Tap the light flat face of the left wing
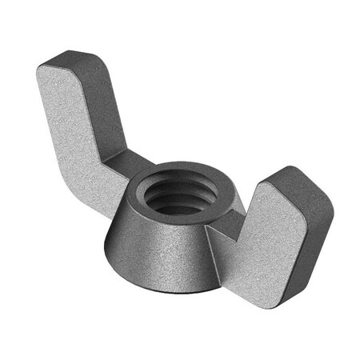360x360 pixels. click(x=76, y=120)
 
